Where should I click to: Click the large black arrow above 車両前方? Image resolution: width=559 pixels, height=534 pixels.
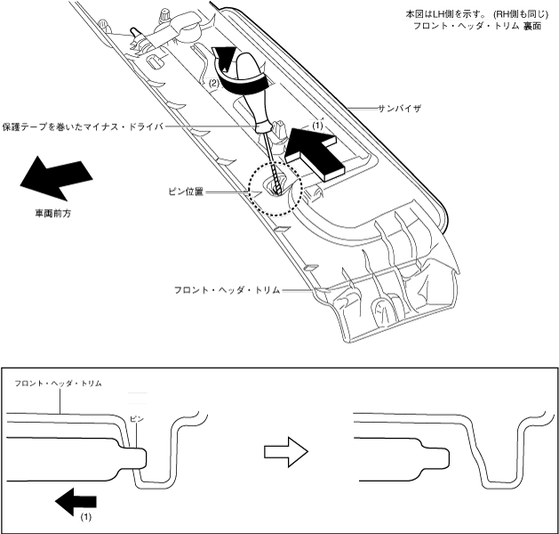(55, 178)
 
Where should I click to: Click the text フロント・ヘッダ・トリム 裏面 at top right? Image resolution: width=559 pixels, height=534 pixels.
(466, 26)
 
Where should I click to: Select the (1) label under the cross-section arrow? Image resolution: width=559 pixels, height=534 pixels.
(86, 517)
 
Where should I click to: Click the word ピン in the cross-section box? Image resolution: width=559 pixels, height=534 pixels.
(136, 417)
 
